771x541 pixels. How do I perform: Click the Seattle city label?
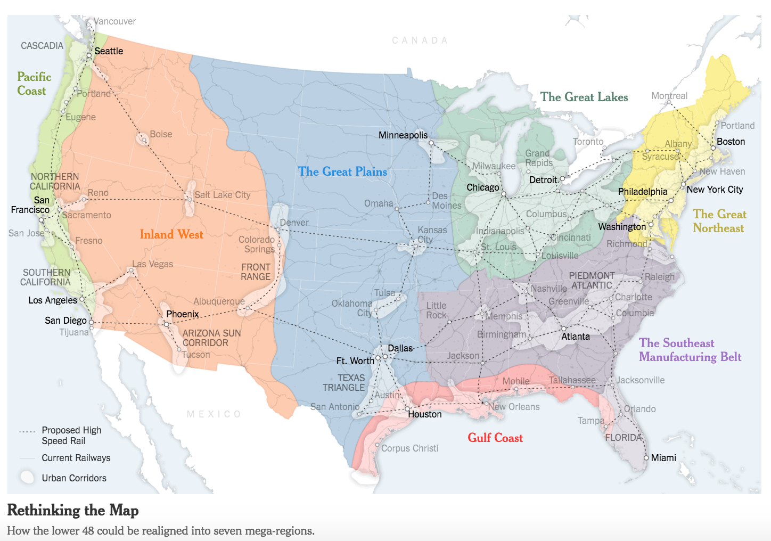coord(109,51)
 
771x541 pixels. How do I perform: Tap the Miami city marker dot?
coord(646,457)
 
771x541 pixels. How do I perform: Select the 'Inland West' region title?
coord(171,234)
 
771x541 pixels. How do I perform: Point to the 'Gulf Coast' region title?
coord(495,438)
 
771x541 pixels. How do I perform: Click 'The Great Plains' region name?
coord(342,171)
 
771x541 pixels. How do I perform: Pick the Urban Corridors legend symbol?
coord(27,478)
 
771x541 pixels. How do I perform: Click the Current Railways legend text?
coord(76,458)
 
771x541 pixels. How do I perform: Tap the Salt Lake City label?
coord(222,195)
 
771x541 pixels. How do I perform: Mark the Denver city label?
coord(294,223)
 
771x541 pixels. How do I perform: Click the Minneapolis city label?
coord(403,135)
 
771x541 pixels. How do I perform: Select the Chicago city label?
coord(482,187)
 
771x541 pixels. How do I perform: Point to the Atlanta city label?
coord(576,337)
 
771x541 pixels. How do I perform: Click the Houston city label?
coord(424,414)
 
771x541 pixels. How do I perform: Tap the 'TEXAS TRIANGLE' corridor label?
coord(344,383)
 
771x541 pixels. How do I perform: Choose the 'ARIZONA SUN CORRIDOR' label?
coord(211,338)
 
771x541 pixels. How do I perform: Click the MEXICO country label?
coord(214,414)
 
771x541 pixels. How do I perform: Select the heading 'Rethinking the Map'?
coord(73,510)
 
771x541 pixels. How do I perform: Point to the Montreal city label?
coord(669,96)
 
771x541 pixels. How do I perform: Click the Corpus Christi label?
coord(409,448)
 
